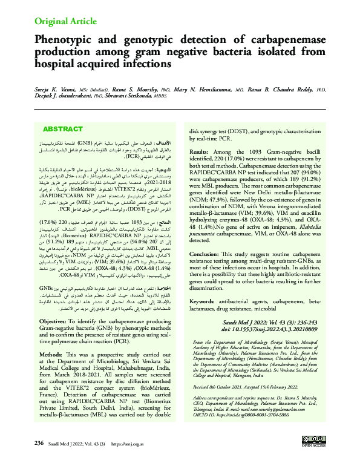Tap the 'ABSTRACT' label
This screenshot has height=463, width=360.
point(63,130)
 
